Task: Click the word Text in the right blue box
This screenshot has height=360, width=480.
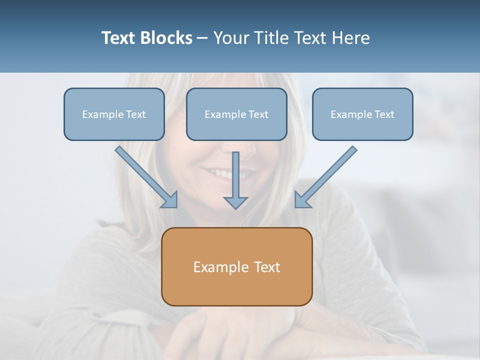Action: click(x=384, y=114)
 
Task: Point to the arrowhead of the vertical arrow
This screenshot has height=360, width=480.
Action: click(x=235, y=202)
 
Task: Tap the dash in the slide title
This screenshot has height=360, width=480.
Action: click(x=202, y=38)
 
